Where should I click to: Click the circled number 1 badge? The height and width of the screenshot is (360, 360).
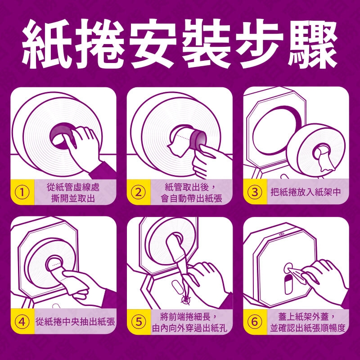(x=22, y=193)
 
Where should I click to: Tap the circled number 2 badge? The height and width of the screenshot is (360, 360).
(x=139, y=193)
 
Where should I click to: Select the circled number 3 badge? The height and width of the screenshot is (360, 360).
(x=255, y=192)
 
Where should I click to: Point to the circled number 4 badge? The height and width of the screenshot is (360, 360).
(x=22, y=322)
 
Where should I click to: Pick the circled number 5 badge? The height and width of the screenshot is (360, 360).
(x=139, y=322)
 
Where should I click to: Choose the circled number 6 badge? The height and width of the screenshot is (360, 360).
(x=255, y=322)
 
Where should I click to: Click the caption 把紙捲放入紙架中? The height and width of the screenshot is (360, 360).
(x=306, y=192)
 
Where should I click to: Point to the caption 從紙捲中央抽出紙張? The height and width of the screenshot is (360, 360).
(x=75, y=322)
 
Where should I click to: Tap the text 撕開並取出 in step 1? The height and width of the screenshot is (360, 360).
(x=73, y=198)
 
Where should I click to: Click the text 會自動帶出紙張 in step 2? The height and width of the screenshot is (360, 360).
(x=192, y=198)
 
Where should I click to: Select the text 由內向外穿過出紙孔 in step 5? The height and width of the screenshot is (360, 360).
(x=189, y=328)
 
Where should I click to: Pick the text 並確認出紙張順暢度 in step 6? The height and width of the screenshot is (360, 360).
(x=308, y=328)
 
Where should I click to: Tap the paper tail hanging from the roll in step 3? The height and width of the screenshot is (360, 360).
(x=325, y=161)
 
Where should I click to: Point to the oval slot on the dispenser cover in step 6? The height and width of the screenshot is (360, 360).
(x=288, y=285)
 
